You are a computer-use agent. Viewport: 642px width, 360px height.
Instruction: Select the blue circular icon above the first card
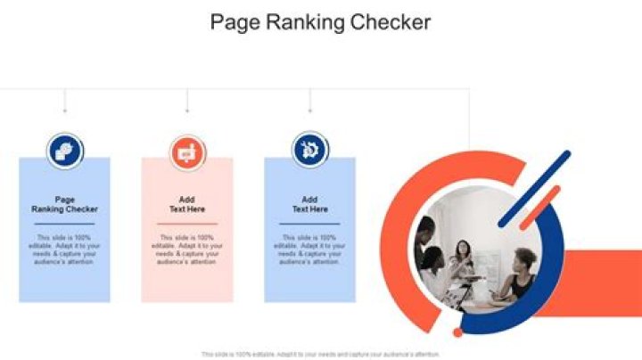click(65, 151)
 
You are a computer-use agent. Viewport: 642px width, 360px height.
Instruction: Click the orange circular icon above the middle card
click(187, 151)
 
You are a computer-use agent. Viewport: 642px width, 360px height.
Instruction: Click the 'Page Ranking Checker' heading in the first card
click(65, 204)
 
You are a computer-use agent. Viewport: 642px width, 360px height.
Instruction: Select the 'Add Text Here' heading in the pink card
click(187, 204)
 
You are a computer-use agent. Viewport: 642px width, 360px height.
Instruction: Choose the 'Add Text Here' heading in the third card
click(309, 204)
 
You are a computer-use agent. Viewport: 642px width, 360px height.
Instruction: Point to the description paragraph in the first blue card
click(65, 250)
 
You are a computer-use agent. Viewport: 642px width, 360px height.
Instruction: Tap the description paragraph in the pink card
click(187, 250)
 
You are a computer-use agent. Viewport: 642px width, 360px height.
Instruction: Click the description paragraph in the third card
click(309, 250)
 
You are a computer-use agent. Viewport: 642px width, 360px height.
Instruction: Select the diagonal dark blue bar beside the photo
click(534, 188)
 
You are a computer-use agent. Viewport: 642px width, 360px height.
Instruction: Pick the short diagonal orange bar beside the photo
click(539, 207)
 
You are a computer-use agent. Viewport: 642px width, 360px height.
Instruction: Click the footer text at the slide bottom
click(320, 354)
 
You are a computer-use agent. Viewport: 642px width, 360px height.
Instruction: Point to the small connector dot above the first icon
click(65, 111)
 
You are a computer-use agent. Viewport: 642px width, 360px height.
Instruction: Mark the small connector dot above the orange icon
click(187, 111)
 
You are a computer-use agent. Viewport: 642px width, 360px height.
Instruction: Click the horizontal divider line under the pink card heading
click(187, 223)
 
